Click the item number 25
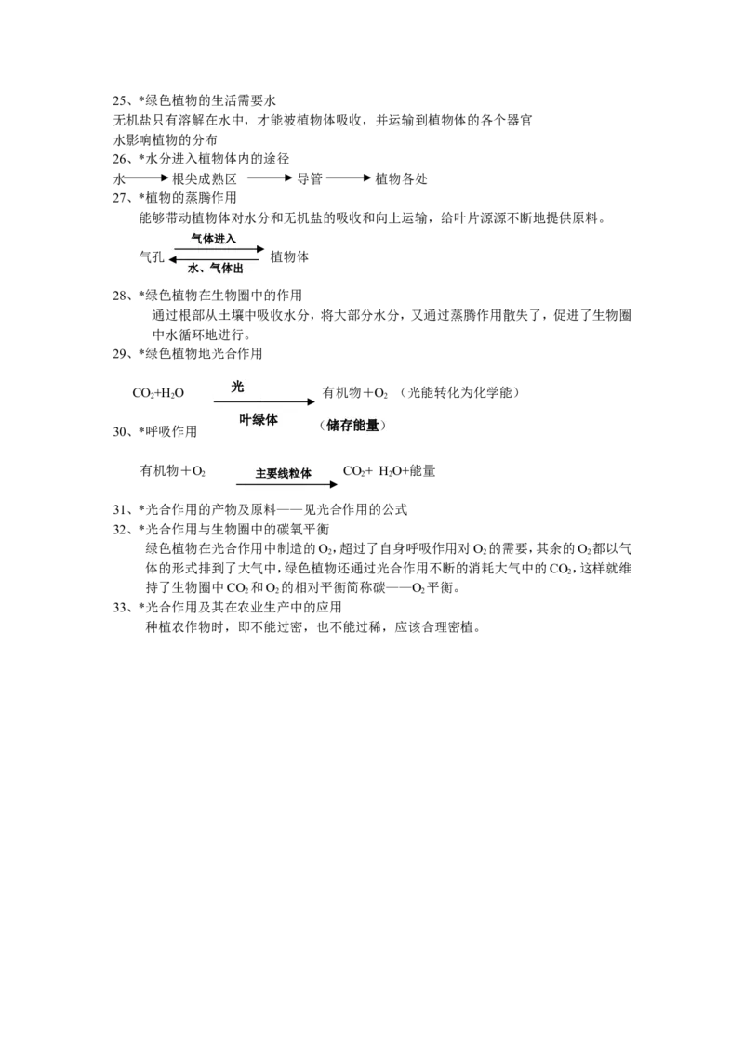[120, 101]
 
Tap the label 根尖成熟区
[205, 179]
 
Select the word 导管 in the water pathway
[310, 179]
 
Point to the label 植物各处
[401, 179]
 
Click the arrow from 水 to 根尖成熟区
[146, 178]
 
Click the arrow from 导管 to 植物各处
[349, 178]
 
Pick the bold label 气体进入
[214, 238]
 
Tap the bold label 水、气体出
[215, 269]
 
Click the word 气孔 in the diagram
[151, 257]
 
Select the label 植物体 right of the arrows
[289, 257]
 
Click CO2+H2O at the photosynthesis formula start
[158, 393]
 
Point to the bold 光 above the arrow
[237, 388]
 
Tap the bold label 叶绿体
[259, 420]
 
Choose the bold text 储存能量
[352, 426]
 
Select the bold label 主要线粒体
[284, 474]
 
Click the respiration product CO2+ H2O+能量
[390, 471]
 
